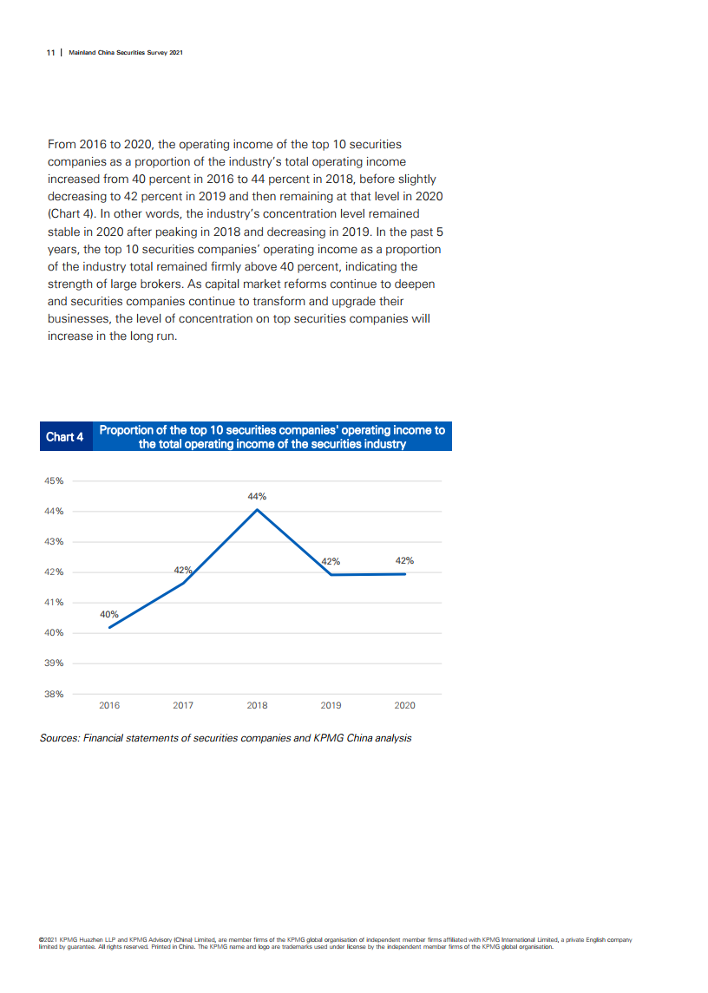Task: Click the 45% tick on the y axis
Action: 54,480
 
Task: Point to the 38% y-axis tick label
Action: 54,694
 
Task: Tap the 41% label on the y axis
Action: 54,603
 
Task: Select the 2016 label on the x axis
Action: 109,705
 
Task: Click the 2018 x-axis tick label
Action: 257,705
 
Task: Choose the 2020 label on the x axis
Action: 404,705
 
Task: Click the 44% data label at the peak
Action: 257,497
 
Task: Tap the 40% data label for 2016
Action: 109,614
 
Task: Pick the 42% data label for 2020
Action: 404,560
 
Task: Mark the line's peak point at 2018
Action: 257,509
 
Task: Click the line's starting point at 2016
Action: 109,627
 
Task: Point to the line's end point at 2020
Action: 405,574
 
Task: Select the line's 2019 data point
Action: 331,575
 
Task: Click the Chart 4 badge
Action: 65,437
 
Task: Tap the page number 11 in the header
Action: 50,52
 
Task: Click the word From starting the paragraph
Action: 62,144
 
